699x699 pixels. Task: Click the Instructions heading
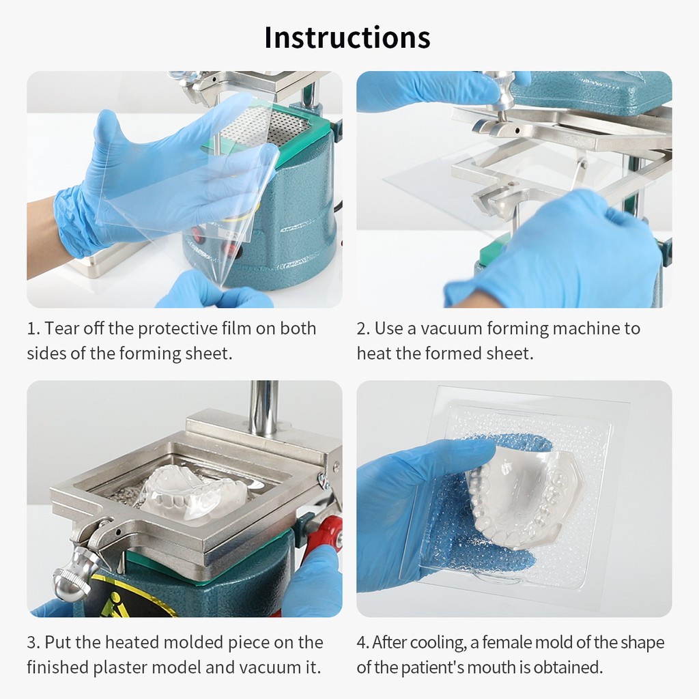pos(347,38)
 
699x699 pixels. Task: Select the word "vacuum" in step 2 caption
pos(452,329)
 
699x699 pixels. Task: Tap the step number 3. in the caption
pos(33,643)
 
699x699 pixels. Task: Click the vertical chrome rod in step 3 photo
pos(263,408)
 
